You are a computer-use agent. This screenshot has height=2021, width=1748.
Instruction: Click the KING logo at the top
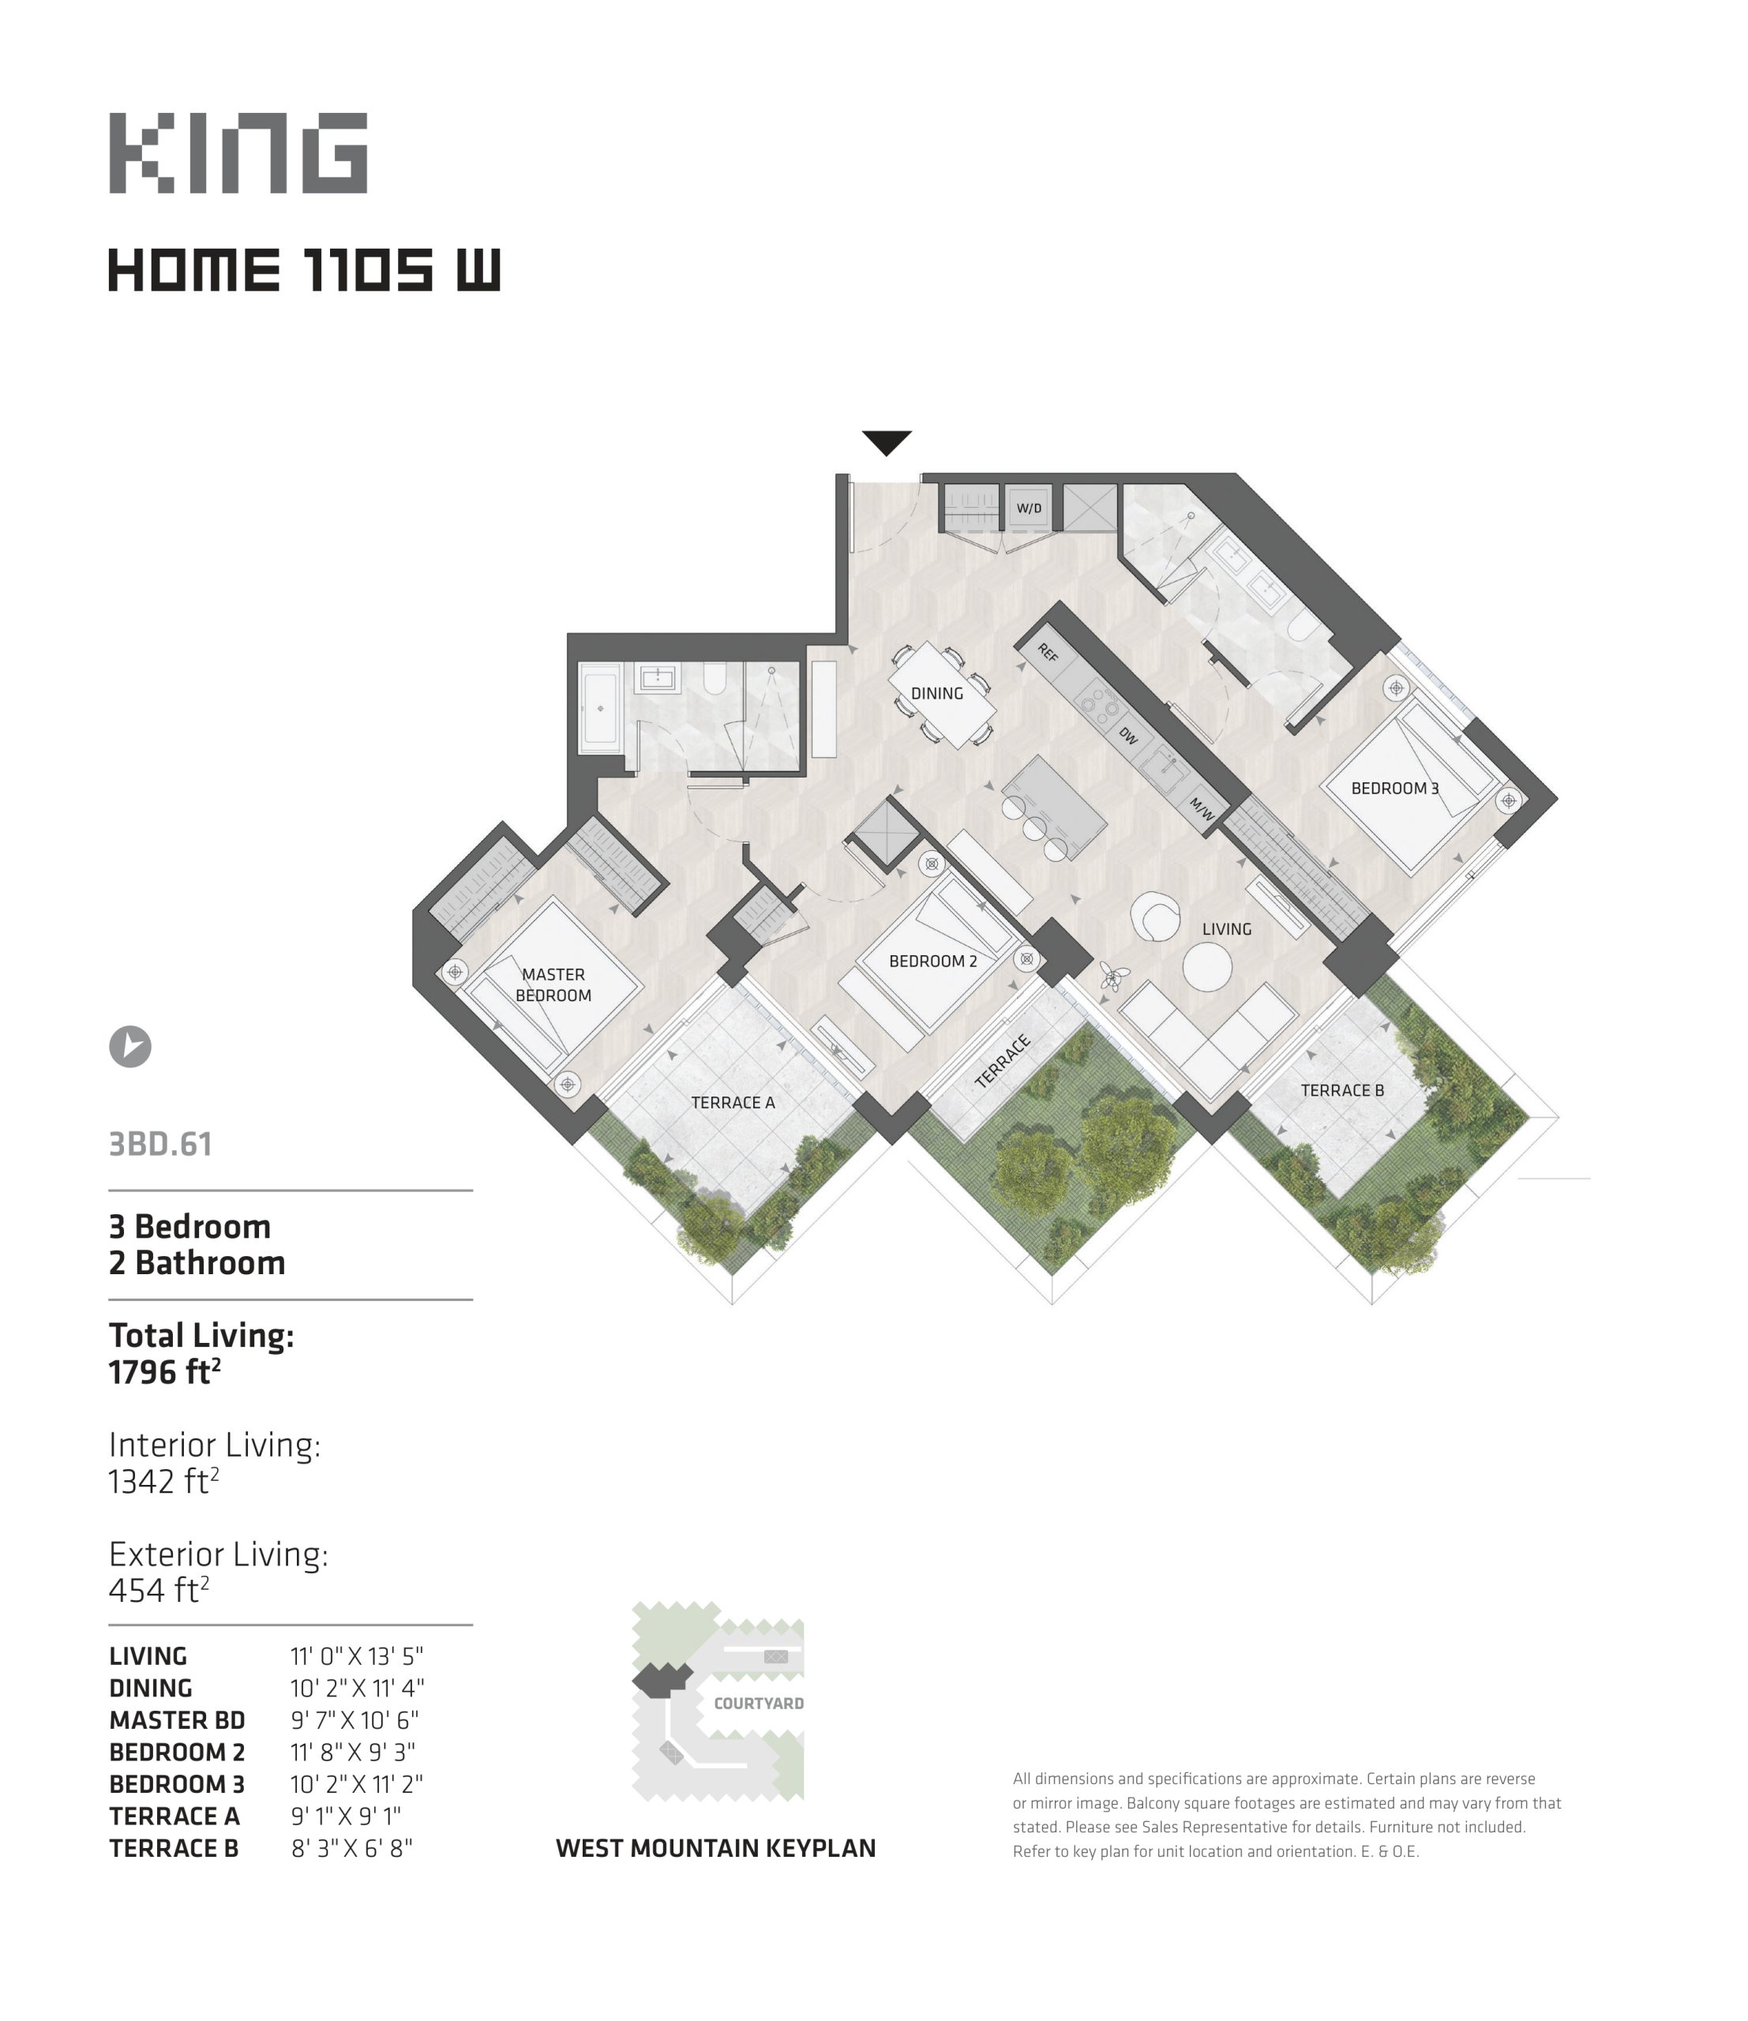coord(238,153)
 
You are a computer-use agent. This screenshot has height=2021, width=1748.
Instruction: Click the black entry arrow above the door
coord(887,443)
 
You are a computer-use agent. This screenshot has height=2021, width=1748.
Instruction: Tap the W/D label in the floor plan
coord(1029,508)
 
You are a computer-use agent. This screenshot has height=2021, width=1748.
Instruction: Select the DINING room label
coord(936,693)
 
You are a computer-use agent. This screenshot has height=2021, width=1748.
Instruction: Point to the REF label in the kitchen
coord(1048,653)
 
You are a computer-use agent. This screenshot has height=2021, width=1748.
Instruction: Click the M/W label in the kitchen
coord(1201,809)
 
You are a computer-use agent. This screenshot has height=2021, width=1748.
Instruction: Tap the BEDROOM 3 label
coord(1395,788)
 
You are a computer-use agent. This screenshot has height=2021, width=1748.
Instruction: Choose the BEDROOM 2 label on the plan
coord(932,961)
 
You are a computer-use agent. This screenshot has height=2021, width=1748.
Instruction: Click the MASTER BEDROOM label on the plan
coord(553,984)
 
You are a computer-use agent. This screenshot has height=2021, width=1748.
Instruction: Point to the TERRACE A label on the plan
coord(733,1102)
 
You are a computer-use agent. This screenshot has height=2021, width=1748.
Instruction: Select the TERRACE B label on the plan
coord(1342,1090)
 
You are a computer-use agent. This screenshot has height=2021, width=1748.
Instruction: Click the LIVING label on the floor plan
coord(1226,928)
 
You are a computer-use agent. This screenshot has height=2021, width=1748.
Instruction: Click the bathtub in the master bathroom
coord(600,708)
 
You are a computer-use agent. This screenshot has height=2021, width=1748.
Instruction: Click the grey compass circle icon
coord(129,1047)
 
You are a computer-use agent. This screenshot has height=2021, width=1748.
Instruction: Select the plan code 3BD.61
coord(160,1144)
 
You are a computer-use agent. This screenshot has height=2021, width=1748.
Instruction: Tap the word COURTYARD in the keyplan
coord(759,1703)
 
